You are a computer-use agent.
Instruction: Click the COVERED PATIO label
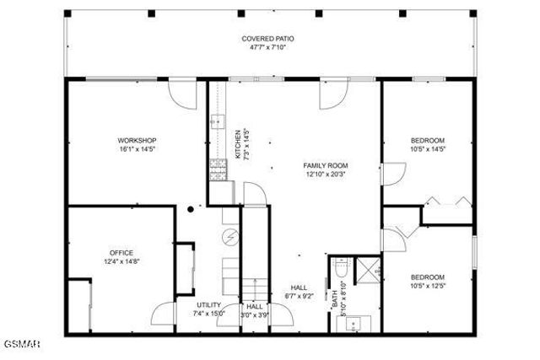coord(267,39)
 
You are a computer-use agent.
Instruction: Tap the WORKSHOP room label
coord(137,140)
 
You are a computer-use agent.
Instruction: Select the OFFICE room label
coord(121,252)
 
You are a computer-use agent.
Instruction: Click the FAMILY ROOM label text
coord(326,165)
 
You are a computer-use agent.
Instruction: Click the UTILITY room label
coord(208,305)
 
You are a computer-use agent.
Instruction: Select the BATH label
coord(334,299)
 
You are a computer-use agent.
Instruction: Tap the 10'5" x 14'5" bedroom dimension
coord(427,148)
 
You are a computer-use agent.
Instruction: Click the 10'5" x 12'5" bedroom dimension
coord(427,285)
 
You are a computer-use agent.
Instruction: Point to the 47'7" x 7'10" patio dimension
coord(267,47)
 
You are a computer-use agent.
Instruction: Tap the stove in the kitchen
coord(216,172)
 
